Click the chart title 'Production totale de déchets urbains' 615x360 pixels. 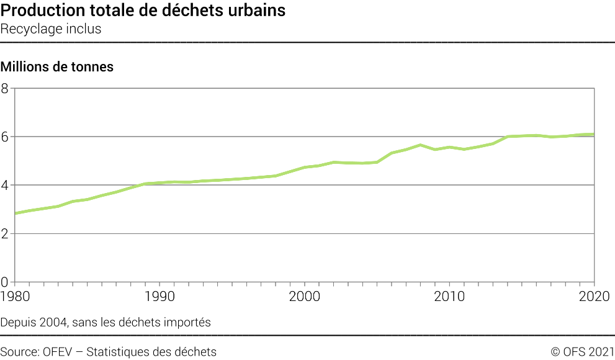(x=143, y=11)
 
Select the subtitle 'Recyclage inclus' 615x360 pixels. (x=51, y=29)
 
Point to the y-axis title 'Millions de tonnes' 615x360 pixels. (x=57, y=67)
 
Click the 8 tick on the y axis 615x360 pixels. (x=5, y=88)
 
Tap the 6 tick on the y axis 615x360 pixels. (x=5, y=137)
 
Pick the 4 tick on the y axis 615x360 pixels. (x=5, y=185)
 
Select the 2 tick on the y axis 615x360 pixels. (x=5, y=233)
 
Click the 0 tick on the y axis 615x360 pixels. (x=5, y=282)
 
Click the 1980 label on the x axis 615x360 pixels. (x=16, y=296)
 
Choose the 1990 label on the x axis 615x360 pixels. (x=160, y=296)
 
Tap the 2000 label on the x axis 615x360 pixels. (x=305, y=296)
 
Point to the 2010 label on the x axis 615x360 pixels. (x=450, y=296)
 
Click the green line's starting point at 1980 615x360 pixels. (x=16, y=213)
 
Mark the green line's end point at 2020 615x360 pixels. (x=594, y=135)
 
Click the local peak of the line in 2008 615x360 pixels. (x=421, y=145)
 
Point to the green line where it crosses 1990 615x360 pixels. (x=160, y=183)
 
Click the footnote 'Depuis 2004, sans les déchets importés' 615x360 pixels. (x=105, y=322)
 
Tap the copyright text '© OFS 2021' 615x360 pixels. (x=582, y=352)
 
